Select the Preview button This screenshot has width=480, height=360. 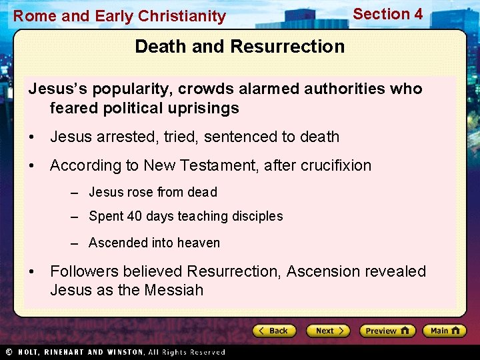click(x=387, y=331)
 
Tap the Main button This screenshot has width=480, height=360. click(x=444, y=331)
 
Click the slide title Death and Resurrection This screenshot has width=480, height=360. click(x=239, y=47)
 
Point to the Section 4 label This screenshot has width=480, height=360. click(x=387, y=14)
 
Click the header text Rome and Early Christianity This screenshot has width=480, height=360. click(x=120, y=16)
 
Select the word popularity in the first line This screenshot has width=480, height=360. click(x=109, y=89)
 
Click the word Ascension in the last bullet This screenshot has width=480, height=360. click(x=323, y=271)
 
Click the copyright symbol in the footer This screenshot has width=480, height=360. click(x=9, y=352)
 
